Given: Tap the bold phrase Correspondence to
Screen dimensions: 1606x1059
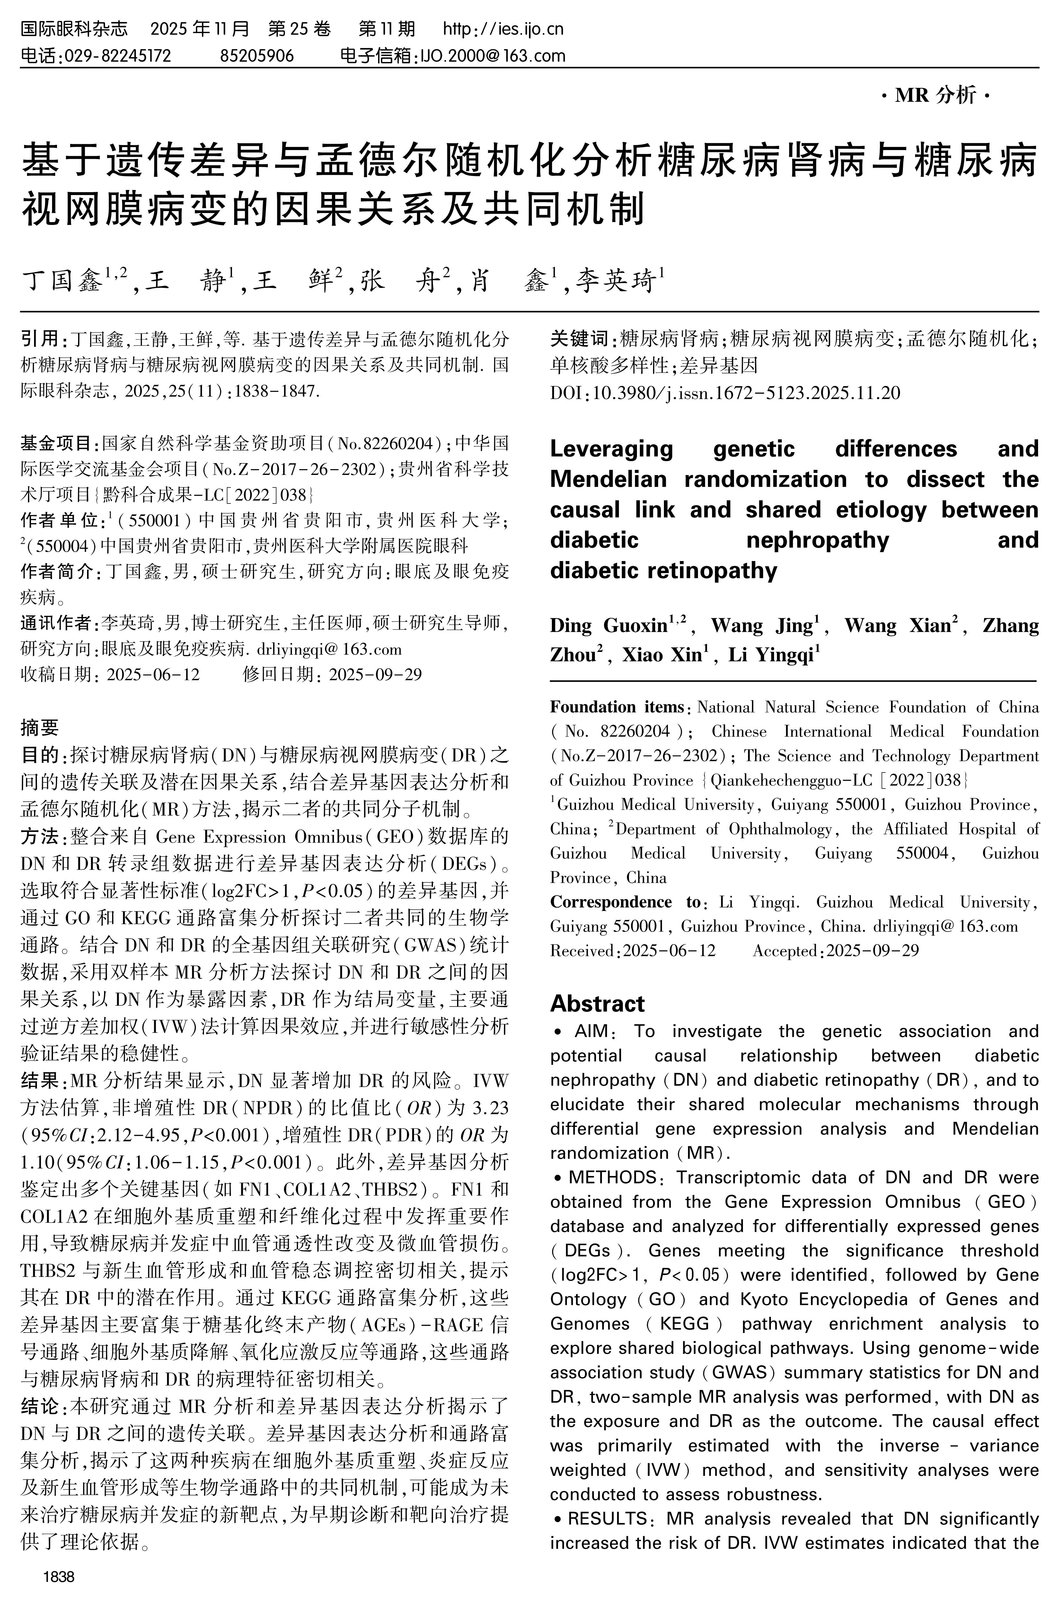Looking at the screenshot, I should (x=625, y=902).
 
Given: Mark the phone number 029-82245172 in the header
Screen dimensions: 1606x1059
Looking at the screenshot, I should (x=117, y=55).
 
